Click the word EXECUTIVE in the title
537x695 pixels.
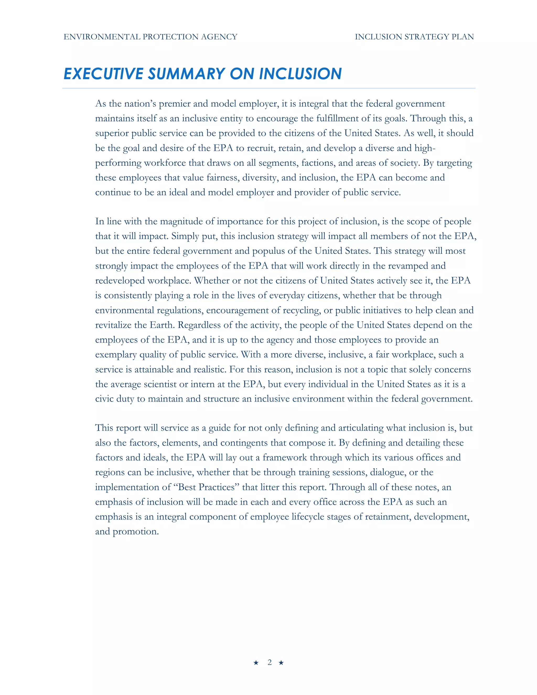pyautogui.click(x=103, y=74)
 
